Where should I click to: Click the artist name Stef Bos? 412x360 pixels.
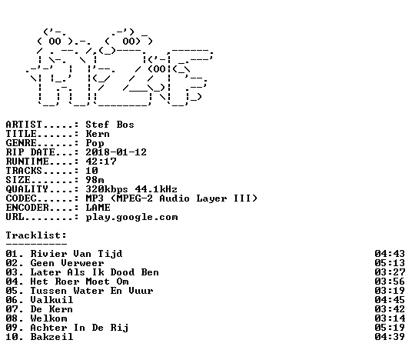pyautogui.click(x=110, y=125)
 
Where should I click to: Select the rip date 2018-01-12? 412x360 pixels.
pyautogui.click(x=116, y=152)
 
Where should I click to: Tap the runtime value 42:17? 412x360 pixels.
pyautogui.click(x=101, y=162)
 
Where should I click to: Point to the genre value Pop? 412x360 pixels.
pyautogui.click(x=95, y=143)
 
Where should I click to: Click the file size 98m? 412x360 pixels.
pyautogui.click(x=95, y=180)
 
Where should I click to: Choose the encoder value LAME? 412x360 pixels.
pyautogui.click(x=98, y=208)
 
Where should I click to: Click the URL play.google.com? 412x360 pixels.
pyautogui.click(x=131, y=217)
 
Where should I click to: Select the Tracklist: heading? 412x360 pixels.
pyautogui.click(x=36, y=235)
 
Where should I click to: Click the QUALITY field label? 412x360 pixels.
pyautogui.click(x=27, y=189)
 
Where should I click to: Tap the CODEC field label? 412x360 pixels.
pyautogui.click(x=21, y=198)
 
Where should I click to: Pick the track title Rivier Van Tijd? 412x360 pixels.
pyautogui.click(x=76, y=254)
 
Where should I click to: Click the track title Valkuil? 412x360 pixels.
pyautogui.click(x=51, y=300)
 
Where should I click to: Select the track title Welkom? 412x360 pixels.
pyautogui.click(x=48, y=318)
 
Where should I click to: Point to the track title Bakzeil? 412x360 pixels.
pyautogui.click(x=51, y=337)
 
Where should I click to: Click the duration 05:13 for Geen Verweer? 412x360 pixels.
pyautogui.click(x=390, y=263)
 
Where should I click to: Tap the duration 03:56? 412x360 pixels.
pyautogui.click(x=390, y=282)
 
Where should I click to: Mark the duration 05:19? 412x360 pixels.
pyautogui.click(x=390, y=328)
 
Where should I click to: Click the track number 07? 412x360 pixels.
pyautogui.click(x=12, y=309)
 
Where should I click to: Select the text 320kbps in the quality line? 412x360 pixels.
pyautogui.click(x=107, y=189)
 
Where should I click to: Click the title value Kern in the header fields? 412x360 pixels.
pyautogui.click(x=98, y=134)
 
